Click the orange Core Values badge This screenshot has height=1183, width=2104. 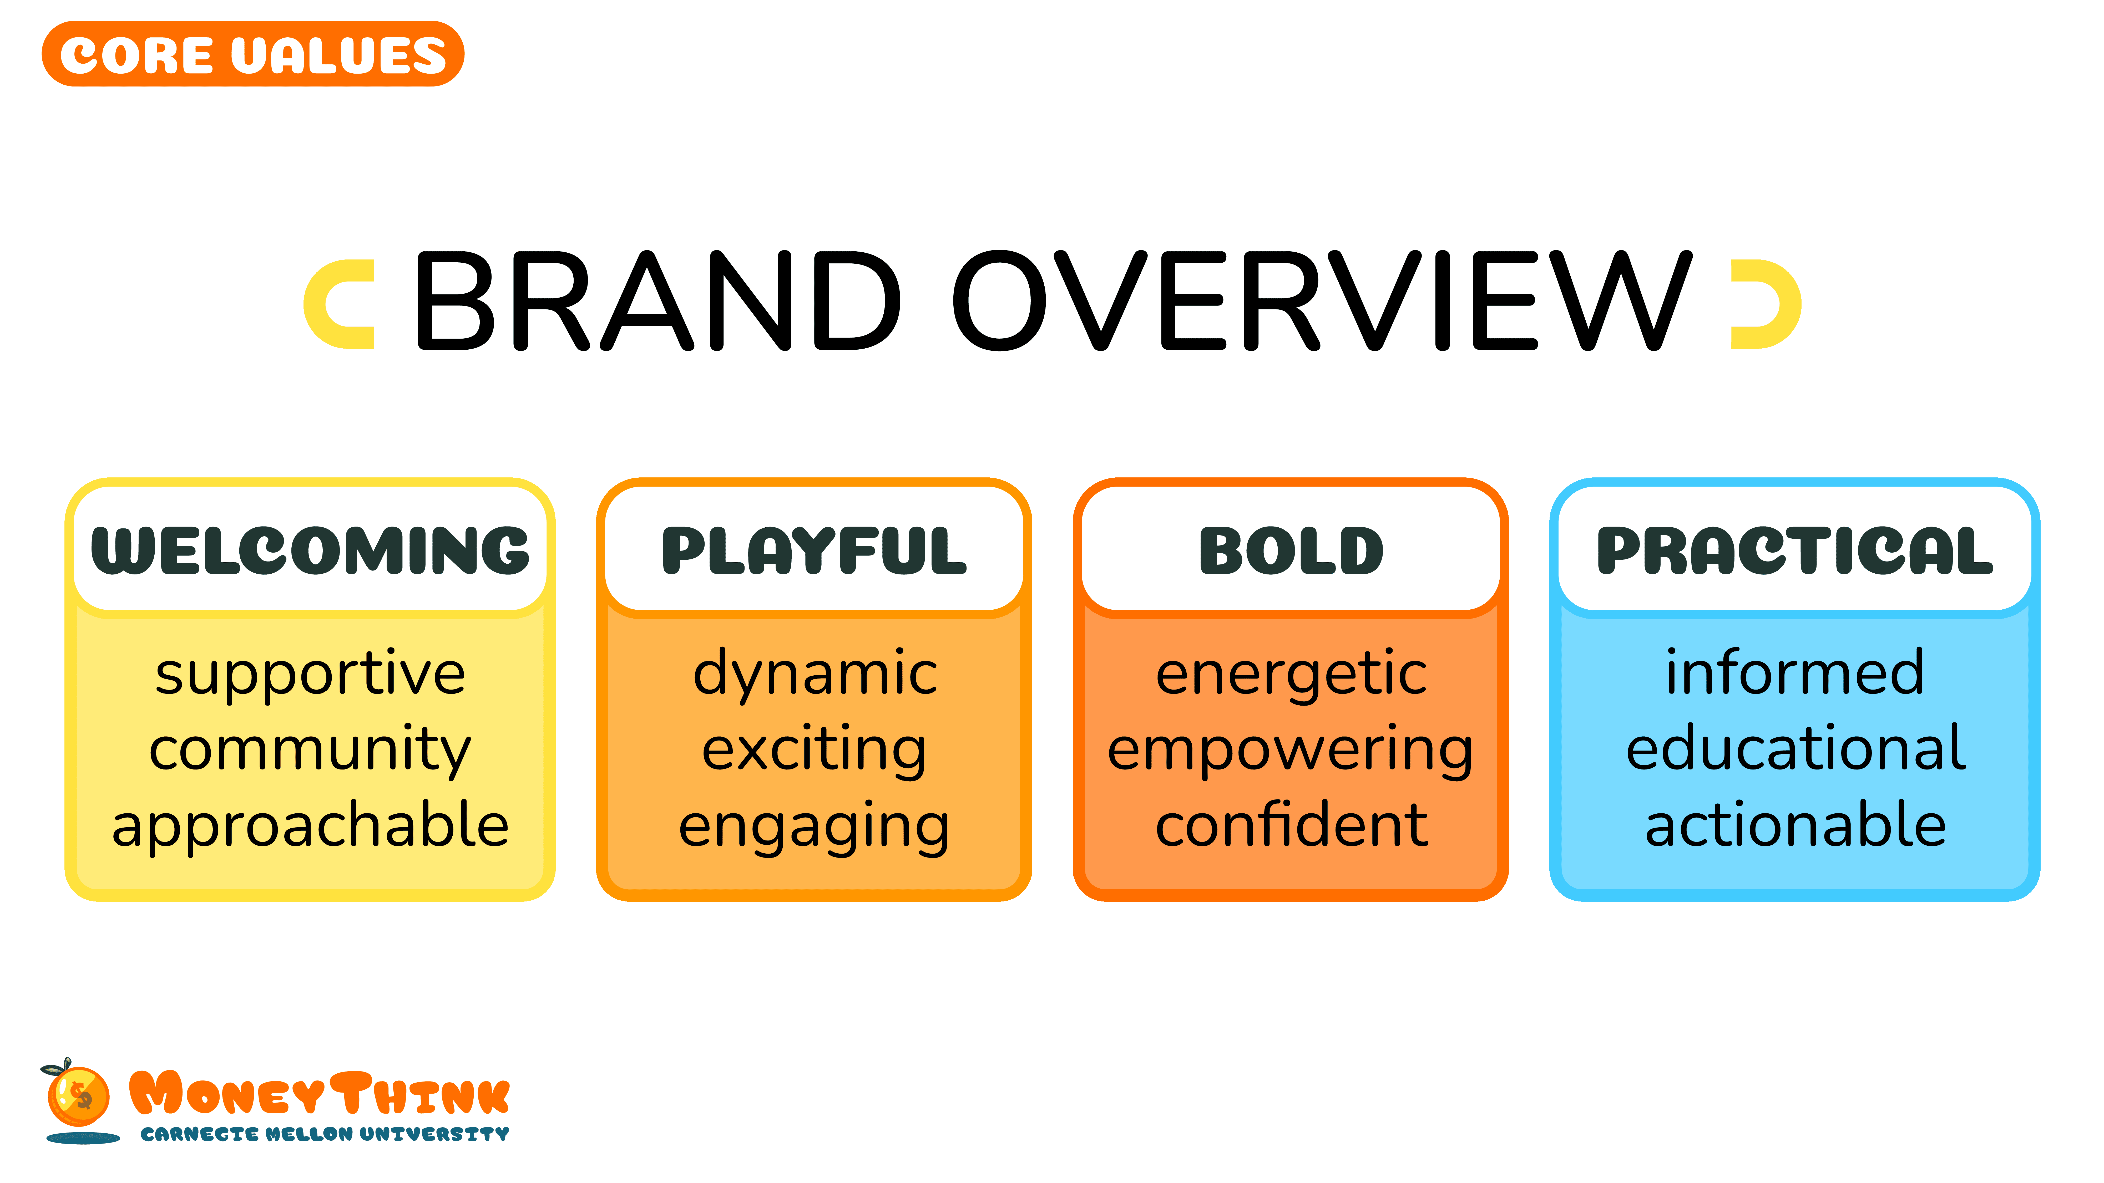(x=253, y=54)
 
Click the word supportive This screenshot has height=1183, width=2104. (x=310, y=674)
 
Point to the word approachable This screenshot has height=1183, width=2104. (x=310, y=825)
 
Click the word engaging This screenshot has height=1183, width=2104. (x=814, y=827)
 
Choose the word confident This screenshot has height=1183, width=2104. (x=1291, y=825)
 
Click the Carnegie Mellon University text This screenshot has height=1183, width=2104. (x=324, y=1134)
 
